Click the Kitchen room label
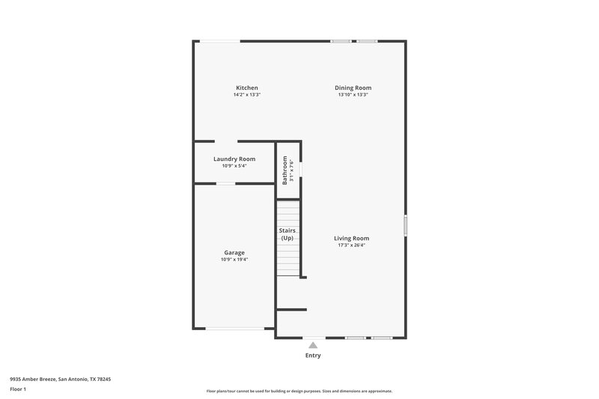(247, 88)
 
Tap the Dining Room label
(353, 88)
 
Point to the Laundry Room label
(234, 159)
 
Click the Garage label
(234, 252)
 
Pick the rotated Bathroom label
(285, 170)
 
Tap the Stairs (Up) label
(287, 234)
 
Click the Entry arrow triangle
(313, 345)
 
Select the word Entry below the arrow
(313, 356)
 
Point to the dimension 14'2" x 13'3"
(247, 95)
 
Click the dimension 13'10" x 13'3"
(353, 95)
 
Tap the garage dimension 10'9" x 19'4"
(234, 260)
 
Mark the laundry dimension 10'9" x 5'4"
(234, 165)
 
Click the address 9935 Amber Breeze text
(60, 380)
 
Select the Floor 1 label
(18, 389)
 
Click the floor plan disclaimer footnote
(299, 391)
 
